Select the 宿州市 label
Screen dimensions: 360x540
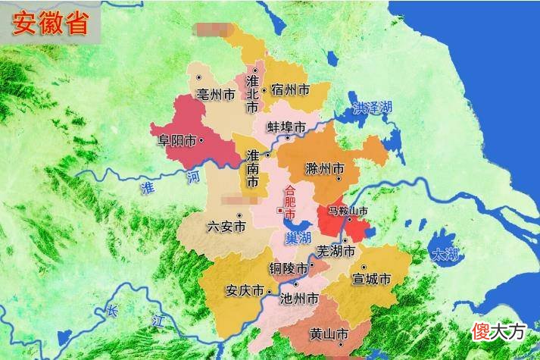point(290,90)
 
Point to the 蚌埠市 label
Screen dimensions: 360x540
point(286,126)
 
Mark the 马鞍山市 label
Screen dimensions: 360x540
point(348,210)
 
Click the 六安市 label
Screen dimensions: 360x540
point(226,226)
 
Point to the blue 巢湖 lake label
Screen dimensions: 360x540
point(298,238)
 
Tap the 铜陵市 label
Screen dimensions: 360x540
point(289,268)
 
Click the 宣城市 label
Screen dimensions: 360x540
point(372,279)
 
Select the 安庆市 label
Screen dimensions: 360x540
point(245,291)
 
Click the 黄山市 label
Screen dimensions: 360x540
point(329,333)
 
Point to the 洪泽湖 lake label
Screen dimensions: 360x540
point(373,108)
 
